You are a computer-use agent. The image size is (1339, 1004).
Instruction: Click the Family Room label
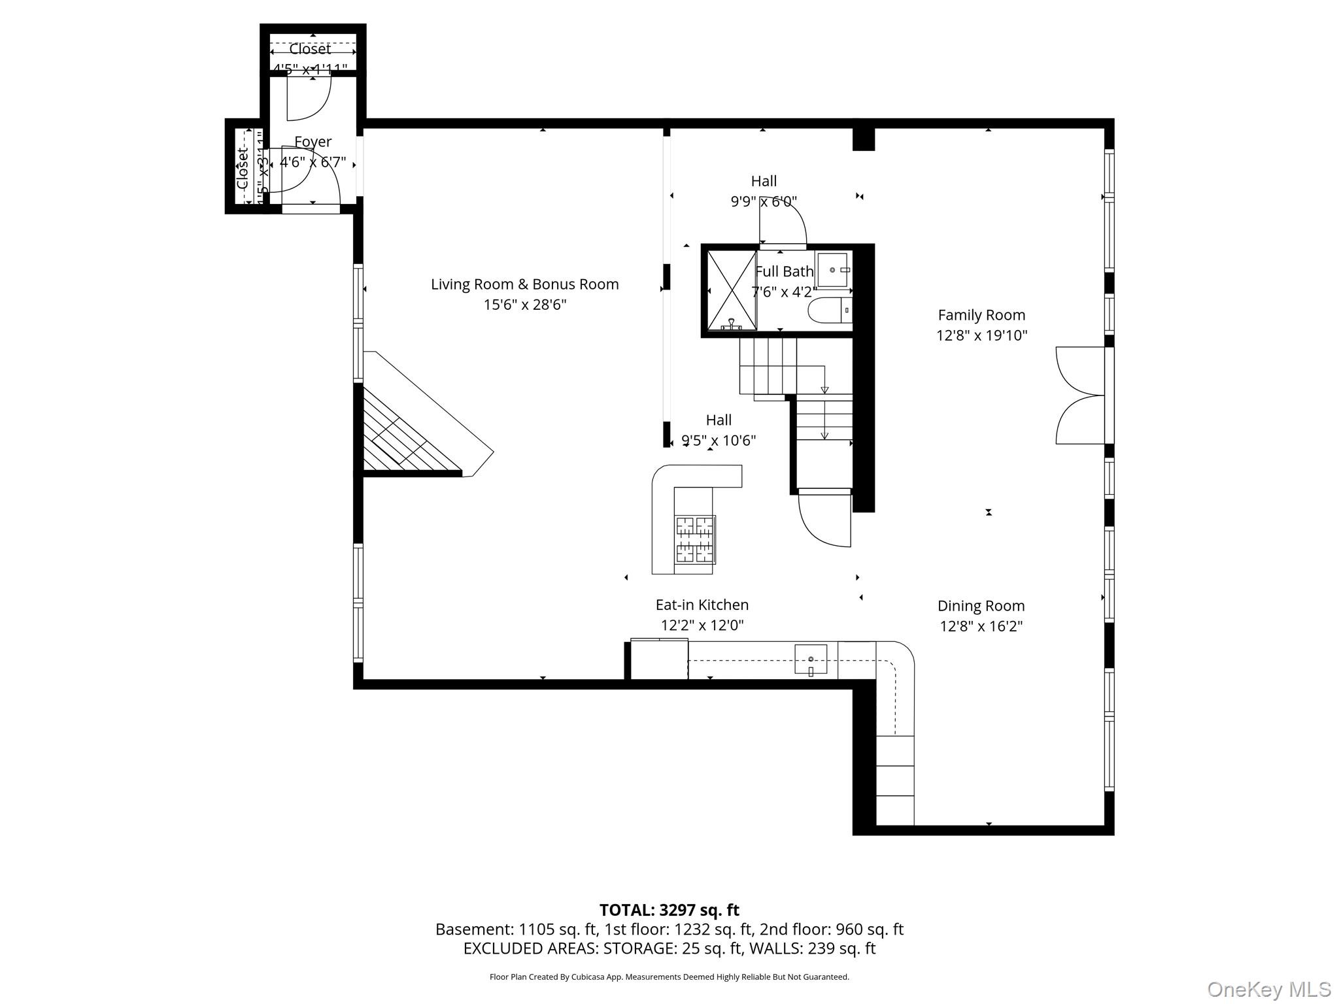coord(981,315)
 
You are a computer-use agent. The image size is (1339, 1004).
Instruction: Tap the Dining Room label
coord(981,606)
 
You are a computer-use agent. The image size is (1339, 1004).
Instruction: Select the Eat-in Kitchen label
coord(702,605)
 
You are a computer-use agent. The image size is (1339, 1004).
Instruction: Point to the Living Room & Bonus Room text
coord(524,284)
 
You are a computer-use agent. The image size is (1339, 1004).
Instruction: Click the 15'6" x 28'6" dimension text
coord(524,305)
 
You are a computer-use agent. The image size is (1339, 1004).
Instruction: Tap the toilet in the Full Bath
coord(829,310)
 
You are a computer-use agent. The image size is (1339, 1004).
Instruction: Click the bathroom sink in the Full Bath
coord(832,270)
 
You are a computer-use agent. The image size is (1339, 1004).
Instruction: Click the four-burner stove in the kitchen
coord(694,540)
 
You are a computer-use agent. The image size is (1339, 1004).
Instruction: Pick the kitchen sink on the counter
coord(811,659)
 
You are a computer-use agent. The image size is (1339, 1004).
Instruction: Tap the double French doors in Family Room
coord(1080,395)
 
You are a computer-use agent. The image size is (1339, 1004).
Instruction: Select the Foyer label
coord(313,142)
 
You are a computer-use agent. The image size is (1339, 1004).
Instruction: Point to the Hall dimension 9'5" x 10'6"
coord(719,441)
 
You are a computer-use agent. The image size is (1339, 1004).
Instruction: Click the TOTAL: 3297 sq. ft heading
coord(669,910)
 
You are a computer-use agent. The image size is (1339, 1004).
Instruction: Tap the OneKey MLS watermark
coord(1268,990)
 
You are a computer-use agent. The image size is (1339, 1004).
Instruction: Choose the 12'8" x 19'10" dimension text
coord(981,335)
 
